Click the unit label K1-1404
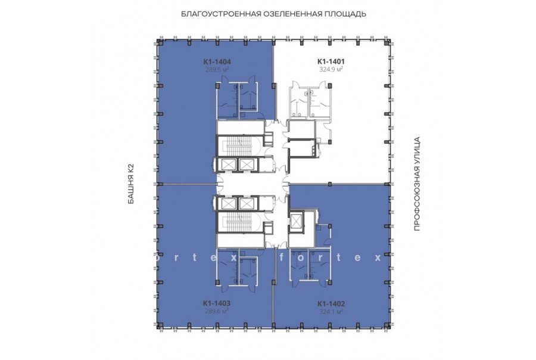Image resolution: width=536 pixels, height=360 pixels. [x=217, y=62]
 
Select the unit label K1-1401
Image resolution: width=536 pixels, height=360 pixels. [x=331, y=61]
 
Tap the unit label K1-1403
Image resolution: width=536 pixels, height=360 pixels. [x=217, y=303]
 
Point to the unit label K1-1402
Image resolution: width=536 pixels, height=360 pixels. [x=331, y=303]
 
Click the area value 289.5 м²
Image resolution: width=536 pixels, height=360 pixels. [x=217, y=70]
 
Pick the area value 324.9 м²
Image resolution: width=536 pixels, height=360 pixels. [x=331, y=69]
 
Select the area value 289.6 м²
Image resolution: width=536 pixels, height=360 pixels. [x=217, y=311]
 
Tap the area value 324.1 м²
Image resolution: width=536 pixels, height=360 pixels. [x=331, y=311]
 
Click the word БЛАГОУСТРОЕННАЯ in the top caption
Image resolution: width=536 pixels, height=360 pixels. [x=221, y=14]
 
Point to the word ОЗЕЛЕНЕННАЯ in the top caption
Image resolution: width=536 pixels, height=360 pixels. [x=293, y=14]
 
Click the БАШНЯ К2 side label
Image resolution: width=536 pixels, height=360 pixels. [x=131, y=184]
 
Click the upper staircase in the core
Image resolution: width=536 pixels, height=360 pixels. [x=239, y=146]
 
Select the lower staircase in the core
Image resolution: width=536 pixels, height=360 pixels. [x=239, y=222]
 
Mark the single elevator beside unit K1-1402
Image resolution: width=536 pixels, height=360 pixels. [x=295, y=221]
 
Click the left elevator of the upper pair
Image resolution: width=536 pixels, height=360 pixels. [x=229, y=165]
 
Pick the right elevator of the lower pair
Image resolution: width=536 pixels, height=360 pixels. [x=245, y=204]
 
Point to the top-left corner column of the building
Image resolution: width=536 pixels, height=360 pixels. [x=159, y=42]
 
